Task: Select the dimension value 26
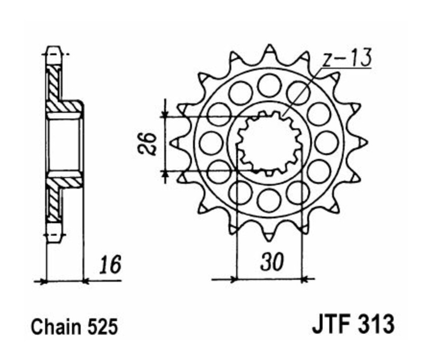[x=151, y=143]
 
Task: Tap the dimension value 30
[x=271, y=262]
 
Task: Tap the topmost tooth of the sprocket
[x=269, y=51]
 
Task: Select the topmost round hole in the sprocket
[x=269, y=85]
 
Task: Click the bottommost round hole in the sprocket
[x=268, y=200]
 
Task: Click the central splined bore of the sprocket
[x=269, y=143]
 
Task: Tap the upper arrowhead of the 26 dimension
[x=165, y=113]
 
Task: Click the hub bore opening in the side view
[x=64, y=143]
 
